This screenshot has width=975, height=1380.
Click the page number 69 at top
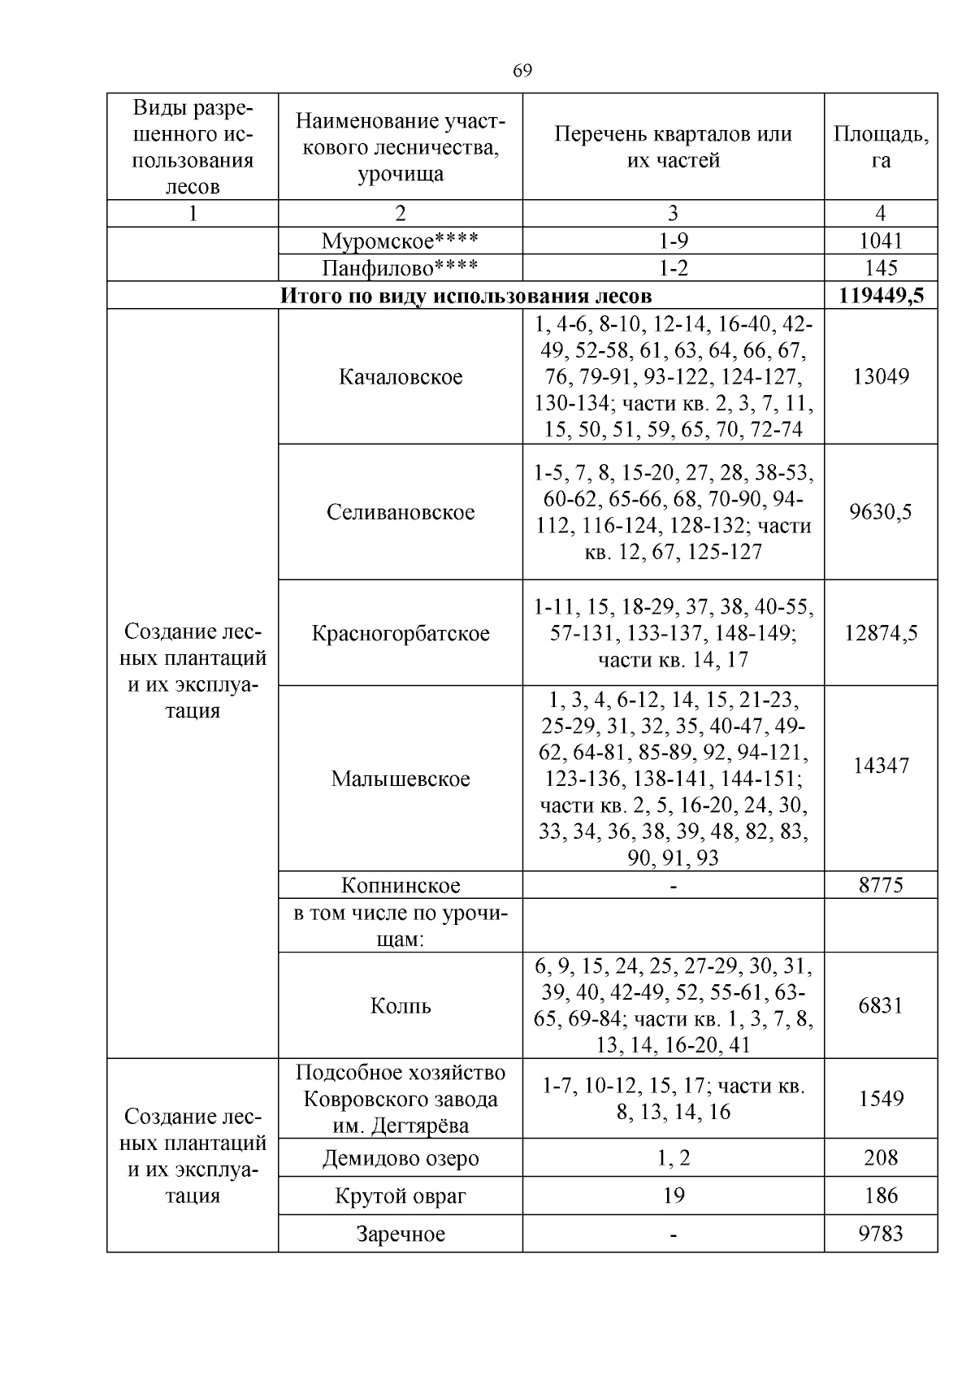[522, 72]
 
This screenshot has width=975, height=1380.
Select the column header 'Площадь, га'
[881, 147]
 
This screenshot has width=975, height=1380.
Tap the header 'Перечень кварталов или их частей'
[673, 147]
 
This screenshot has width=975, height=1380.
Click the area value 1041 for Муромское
[881, 241]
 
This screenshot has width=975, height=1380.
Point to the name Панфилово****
[400, 268]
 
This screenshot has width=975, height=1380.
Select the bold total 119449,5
[881, 295]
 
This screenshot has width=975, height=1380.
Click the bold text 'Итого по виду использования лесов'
[466, 295]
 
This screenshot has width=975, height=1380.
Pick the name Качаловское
[401, 377]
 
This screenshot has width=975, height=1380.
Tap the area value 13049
[881, 376]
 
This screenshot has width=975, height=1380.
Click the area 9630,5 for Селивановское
[881, 511]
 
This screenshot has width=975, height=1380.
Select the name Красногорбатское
[401, 633]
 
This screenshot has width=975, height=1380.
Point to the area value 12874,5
[881, 633]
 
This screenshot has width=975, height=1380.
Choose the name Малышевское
[401, 779]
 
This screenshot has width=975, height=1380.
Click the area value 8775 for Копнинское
[881, 885]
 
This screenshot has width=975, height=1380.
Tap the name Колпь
[401, 1005]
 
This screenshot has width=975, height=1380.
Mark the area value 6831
[881, 1005]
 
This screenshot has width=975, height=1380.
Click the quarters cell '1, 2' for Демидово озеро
[673, 1157]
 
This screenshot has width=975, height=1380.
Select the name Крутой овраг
[401, 1196]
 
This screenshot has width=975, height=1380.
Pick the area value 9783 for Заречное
[881, 1234]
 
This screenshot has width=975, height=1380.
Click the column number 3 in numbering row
[673, 214]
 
